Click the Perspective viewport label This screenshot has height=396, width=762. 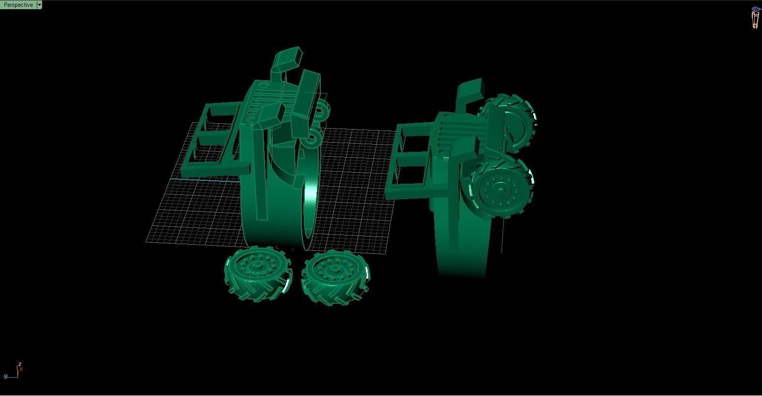click(18, 5)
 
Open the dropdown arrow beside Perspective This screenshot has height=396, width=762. click(39, 5)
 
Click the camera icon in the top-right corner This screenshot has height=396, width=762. click(755, 17)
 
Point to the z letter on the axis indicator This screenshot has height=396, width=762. click(19, 364)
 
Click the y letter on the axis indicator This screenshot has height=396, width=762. click(5, 376)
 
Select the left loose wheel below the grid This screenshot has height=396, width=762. click(257, 274)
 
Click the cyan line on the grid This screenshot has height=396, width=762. click(203, 179)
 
